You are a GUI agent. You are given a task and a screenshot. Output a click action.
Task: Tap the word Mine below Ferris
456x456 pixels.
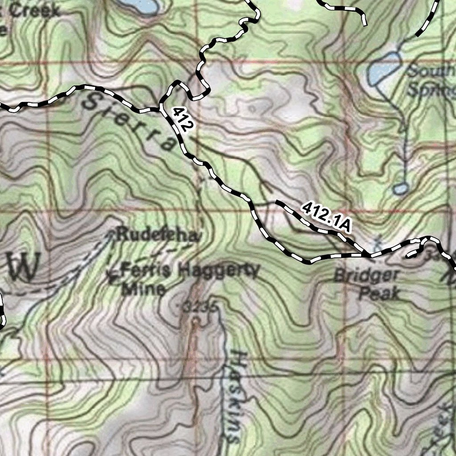pyautogui.click(x=143, y=289)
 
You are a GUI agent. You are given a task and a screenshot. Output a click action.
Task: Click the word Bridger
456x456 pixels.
pyautogui.click(x=366, y=276)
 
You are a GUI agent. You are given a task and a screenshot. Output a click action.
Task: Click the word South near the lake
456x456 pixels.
pyautogui.click(x=431, y=71)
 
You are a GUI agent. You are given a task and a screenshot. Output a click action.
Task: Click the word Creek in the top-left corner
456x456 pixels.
pyautogui.click(x=35, y=11)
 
